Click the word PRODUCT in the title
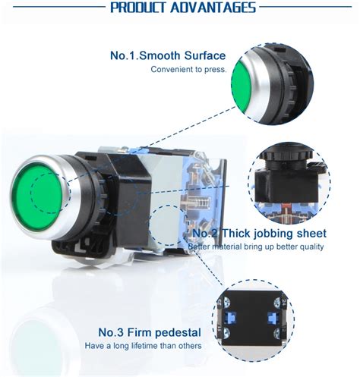[x=139, y=8]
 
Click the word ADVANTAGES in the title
[x=213, y=8]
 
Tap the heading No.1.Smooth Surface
[x=168, y=55]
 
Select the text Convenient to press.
[x=188, y=69]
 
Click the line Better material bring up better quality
[x=256, y=247]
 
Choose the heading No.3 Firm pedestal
[x=150, y=332]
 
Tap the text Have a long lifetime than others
[x=143, y=345]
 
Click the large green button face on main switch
[x=36, y=196]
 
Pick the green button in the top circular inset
[x=241, y=86]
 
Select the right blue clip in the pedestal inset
[x=273, y=318]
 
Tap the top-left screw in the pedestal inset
[x=226, y=301]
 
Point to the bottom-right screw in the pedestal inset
[x=278, y=332]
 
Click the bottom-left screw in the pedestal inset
[x=226, y=332]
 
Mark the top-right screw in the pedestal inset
[x=278, y=301]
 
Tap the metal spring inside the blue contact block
[x=200, y=203]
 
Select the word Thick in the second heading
[x=236, y=233]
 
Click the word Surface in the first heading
[x=205, y=55]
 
